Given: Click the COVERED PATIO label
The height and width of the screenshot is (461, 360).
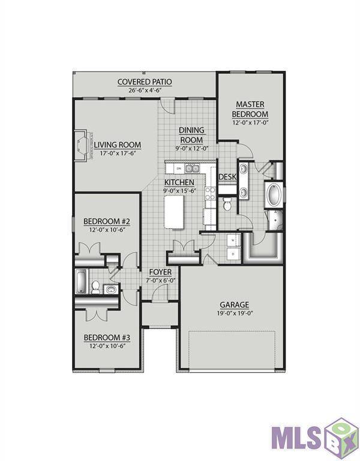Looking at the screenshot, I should coord(144,82).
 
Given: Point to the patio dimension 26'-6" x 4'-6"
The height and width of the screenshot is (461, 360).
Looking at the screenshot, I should coord(144,91).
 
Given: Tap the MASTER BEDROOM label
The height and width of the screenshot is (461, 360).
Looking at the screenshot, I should coord(250,109).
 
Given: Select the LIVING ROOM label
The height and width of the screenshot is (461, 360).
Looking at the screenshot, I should coord(117,145).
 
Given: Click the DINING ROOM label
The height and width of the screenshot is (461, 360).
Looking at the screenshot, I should coord(192,135).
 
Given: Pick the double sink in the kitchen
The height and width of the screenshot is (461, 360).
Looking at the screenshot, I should coord(191,169).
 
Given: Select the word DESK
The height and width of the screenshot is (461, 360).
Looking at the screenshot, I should coord(227,177).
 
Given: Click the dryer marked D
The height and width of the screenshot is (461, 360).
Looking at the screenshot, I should coord(233,255).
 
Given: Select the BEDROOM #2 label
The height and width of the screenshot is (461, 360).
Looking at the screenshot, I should coord(103,221).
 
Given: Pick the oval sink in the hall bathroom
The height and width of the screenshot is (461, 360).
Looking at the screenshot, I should coord(110,289).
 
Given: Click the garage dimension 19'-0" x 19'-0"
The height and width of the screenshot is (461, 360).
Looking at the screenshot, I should coord(234,313).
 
